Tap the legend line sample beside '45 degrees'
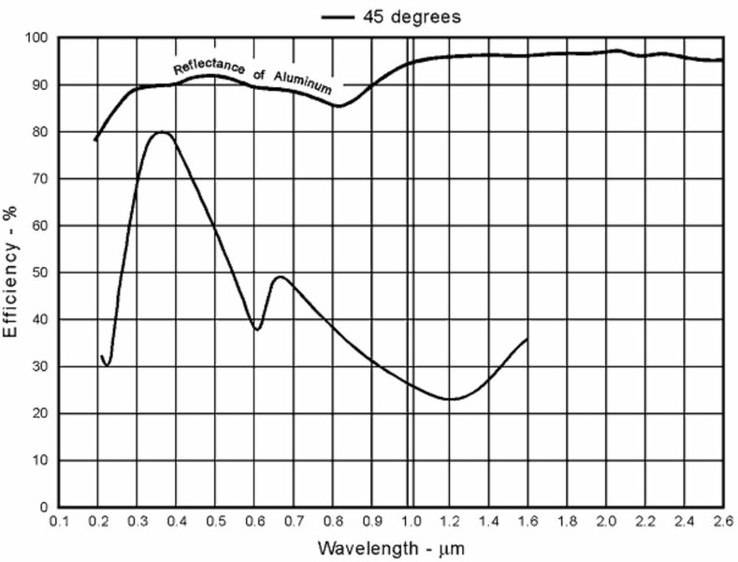tap(340, 17)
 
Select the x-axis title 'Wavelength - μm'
tap(390, 546)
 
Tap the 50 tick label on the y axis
tap(41, 273)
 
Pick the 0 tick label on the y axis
tap(45, 508)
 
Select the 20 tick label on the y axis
tap(41, 413)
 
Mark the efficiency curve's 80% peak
tap(162, 132)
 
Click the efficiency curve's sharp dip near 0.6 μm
tap(257, 330)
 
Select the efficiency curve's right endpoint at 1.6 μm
tap(528, 339)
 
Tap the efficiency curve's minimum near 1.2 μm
tap(452, 400)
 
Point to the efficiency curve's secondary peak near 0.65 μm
tap(280, 276)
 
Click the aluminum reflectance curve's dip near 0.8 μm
tap(338, 106)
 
